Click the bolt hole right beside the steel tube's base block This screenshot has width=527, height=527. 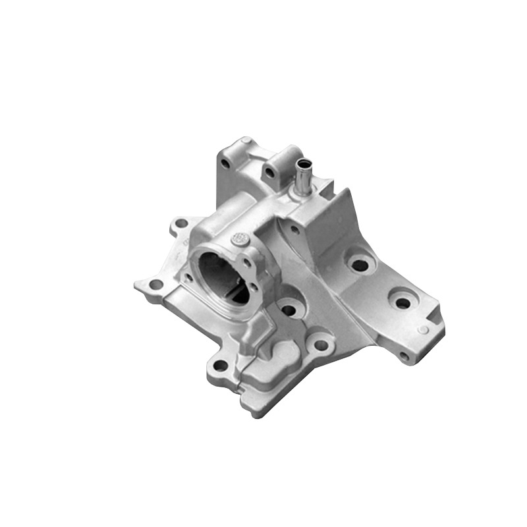click(x=269, y=173)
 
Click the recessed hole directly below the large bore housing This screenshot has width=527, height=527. click(x=288, y=308)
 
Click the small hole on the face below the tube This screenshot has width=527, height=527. click(x=294, y=230)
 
